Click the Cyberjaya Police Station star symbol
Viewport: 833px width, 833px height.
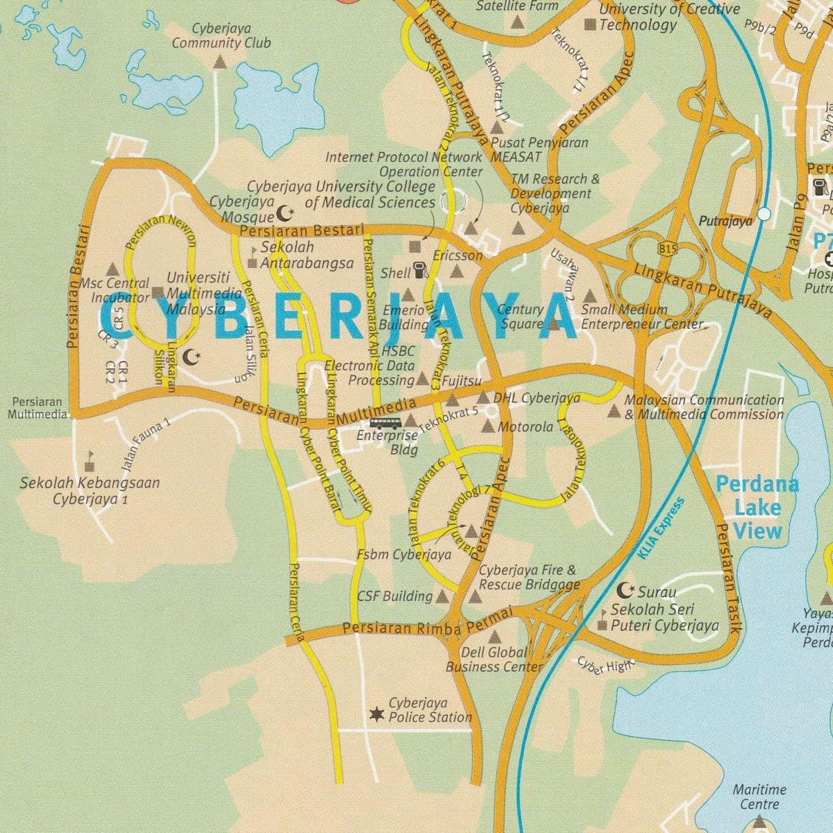point(377,714)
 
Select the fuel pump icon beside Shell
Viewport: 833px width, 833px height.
point(421,270)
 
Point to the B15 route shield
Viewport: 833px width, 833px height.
point(668,248)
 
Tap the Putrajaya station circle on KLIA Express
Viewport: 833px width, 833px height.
point(764,214)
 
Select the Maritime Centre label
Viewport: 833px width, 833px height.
point(759,797)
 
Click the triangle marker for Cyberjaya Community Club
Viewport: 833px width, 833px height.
point(219,62)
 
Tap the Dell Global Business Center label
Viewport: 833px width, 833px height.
point(494,659)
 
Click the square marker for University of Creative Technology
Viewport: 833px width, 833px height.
point(591,25)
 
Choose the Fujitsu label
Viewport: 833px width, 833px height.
point(461,381)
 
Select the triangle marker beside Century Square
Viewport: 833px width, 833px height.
point(553,324)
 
